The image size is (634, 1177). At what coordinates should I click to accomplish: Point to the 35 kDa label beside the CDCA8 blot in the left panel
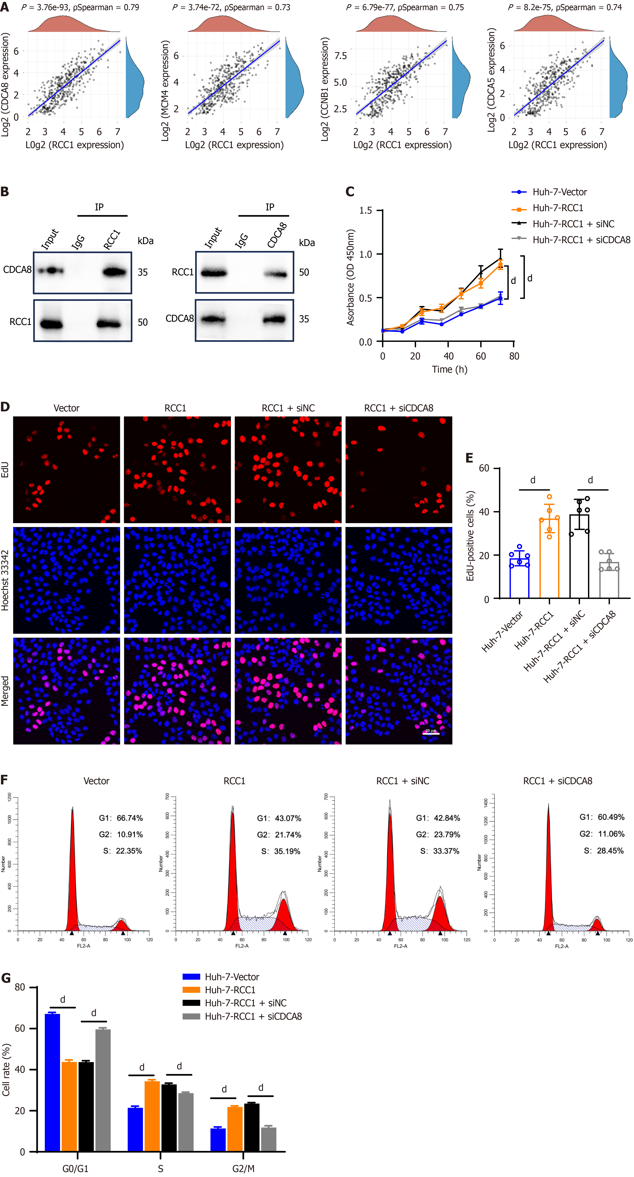[x=143, y=272]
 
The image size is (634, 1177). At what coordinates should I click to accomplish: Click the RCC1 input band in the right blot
[x=214, y=273]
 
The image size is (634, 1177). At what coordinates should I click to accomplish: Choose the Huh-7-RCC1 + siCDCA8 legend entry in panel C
[x=581, y=240]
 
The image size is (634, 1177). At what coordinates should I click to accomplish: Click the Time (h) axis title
[x=449, y=369]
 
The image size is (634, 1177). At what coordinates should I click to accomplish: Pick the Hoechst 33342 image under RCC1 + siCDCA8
[x=398, y=580]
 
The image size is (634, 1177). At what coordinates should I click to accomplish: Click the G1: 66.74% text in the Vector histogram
[x=121, y=818]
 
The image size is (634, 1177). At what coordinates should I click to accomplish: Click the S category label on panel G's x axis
[x=161, y=1169]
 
